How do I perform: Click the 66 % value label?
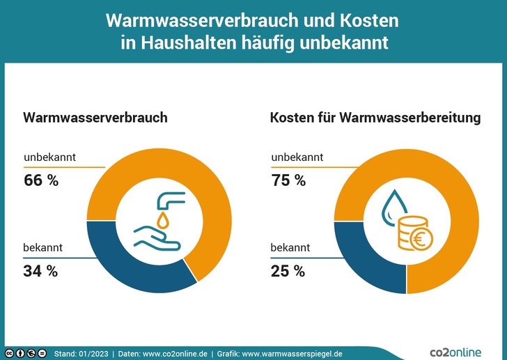click(41, 181)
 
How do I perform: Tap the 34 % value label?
click(41, 272)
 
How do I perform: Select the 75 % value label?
click(288, 181)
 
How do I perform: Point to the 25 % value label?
click(288, 272)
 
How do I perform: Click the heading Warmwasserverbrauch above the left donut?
click(95, 118)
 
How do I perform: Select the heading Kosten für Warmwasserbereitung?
click(375, 118)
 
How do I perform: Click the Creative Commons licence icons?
click(26, 354)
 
